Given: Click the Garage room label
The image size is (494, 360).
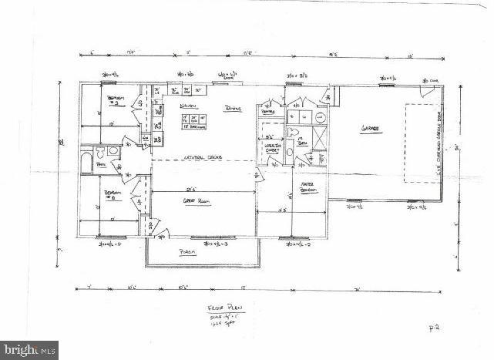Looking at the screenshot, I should (x=373, y=129).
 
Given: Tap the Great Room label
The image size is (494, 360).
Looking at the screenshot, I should (x=198, y=201).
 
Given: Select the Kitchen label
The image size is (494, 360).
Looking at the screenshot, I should (x=187, y=106).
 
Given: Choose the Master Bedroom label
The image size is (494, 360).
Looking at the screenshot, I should (x=310, y=187).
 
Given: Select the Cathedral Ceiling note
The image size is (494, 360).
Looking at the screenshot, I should (x=203, y=157).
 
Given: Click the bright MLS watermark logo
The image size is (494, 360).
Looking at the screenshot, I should (x=29, y=349).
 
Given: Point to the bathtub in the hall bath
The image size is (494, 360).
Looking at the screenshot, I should (x=87, y=163).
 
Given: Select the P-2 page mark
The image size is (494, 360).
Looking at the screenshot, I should (x=434, y=328).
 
